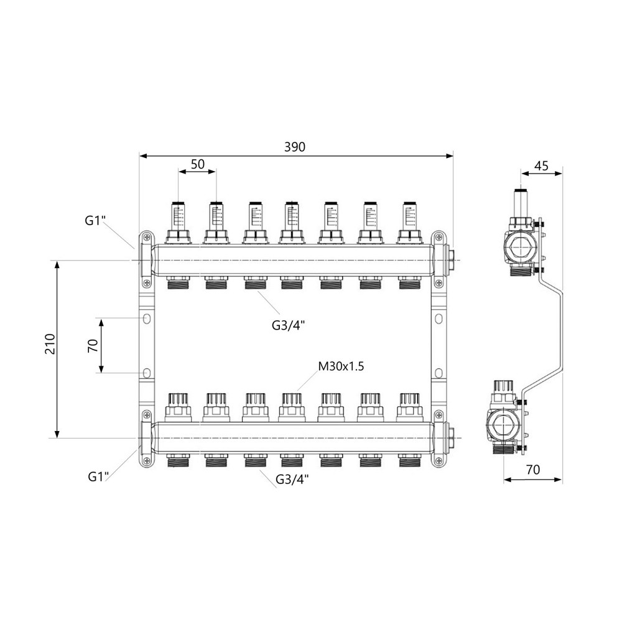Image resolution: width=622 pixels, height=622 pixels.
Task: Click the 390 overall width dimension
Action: pyautogui.click(x=295, y=147)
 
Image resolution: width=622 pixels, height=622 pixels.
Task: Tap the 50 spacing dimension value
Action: pyautogui.click(x=198, y=164)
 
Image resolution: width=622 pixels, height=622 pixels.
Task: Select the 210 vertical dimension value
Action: pyautogui.click(x=50, y=344)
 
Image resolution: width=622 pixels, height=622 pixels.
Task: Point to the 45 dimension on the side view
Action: pyautogui.click(x=542, y=165)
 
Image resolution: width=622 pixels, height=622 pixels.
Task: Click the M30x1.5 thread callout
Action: pyautogui.click(x=341, y=366)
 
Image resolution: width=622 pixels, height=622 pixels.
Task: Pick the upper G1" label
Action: pyautogui.click(x=95, y=220)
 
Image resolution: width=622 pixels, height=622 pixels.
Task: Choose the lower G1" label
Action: pyautogui.click(x=98, y=476)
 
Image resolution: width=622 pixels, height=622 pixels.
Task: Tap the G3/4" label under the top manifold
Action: pyautogui.click(x=289, y=325)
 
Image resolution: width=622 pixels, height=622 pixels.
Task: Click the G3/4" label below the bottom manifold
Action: pyautogui.click(x=292, y=480)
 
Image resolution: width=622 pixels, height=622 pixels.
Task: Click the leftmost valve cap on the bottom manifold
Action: pyautogui.click(x=177, y=407)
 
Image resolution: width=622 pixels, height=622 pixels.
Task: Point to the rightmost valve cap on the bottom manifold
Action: pyautogui.click(x=409, y=407)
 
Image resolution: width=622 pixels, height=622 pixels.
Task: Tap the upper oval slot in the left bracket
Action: pyautogui.click(x=147, y=318)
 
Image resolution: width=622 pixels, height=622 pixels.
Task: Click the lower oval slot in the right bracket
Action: pyautogui.click(x=439, y=373)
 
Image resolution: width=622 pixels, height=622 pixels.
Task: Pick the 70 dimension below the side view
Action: pyautogui.click(x=533, y=470)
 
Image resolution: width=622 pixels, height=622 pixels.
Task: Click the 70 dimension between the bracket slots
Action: pyautogui.click(x=93, y=345)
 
